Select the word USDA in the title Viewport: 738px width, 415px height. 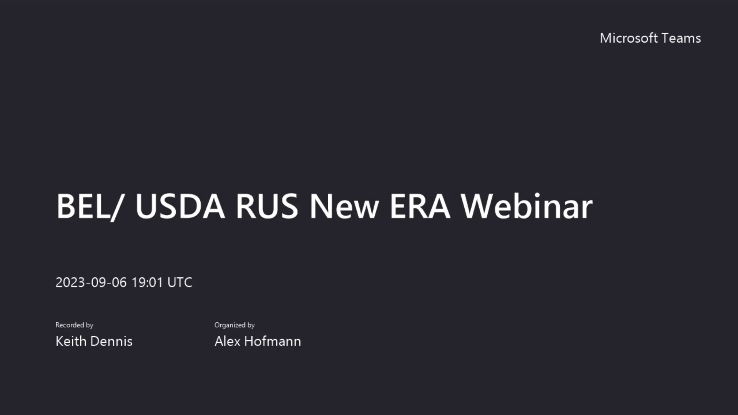(180, 206)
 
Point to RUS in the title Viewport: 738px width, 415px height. (266, 206)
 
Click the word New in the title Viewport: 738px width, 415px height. (344, 206)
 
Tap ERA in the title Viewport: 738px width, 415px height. (420, 206)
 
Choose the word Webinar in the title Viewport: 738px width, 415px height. (527, 206)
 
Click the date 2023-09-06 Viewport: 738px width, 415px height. (91, 282)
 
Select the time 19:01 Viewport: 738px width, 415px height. (147, 282)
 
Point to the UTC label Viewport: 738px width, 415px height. (180, 282)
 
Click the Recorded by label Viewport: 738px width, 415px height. (74, 325)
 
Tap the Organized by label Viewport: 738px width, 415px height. (234, 325)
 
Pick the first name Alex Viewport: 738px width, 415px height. (227, 341)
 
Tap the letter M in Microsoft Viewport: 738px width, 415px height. (606, 38)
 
